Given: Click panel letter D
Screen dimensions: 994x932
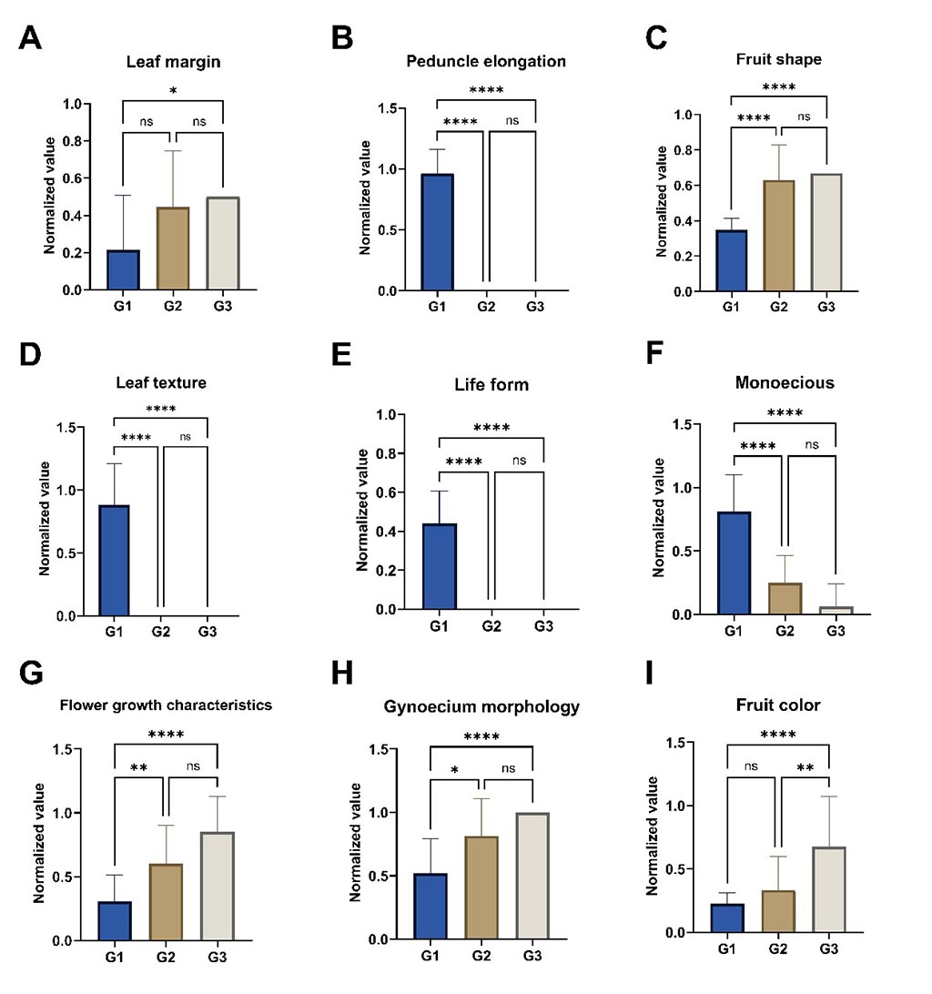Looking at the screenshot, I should tap(31, 355).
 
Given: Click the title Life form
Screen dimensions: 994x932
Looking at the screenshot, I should tap(491, 385).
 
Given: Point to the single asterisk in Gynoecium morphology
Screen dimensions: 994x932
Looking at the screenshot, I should tap(454, 770).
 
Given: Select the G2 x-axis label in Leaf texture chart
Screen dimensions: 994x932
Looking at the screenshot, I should tap(165, 629).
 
